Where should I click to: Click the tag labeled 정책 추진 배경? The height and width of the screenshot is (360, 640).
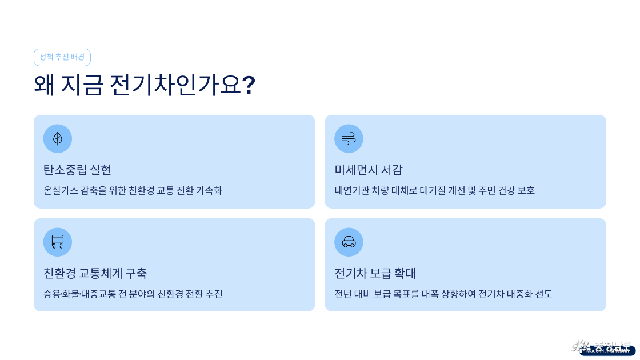click(x=62, y=57)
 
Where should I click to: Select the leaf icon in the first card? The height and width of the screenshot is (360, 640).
click(x=58, y=139)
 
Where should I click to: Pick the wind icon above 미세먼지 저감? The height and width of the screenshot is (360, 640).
click(x=349, y=139)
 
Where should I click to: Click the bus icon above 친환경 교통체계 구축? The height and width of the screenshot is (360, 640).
click(x=58, y=242)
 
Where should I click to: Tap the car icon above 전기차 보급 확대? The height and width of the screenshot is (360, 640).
click(x=349, y=242)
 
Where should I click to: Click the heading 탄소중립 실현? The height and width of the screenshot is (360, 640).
click(x=77, y=170)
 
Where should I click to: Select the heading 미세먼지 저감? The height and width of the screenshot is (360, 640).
click(x=369, y=170)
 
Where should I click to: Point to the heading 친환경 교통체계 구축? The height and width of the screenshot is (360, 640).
click(x=95, y=273)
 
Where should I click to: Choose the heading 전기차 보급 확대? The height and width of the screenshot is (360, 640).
click(x=375, y=273)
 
